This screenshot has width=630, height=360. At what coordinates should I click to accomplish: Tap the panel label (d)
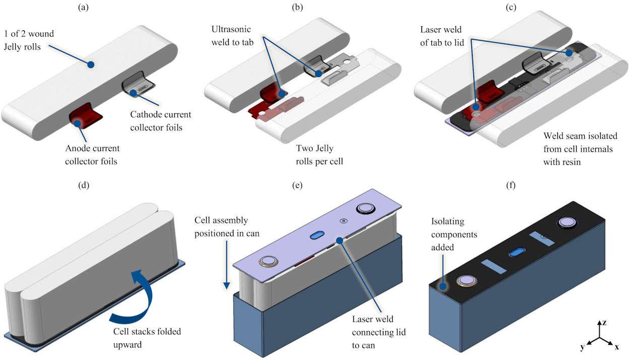(x=84, y=185)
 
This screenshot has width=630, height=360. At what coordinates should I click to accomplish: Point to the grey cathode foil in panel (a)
(x=136, y=87)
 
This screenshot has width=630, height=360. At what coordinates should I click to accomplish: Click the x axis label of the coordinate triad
(x=617, y=347)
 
